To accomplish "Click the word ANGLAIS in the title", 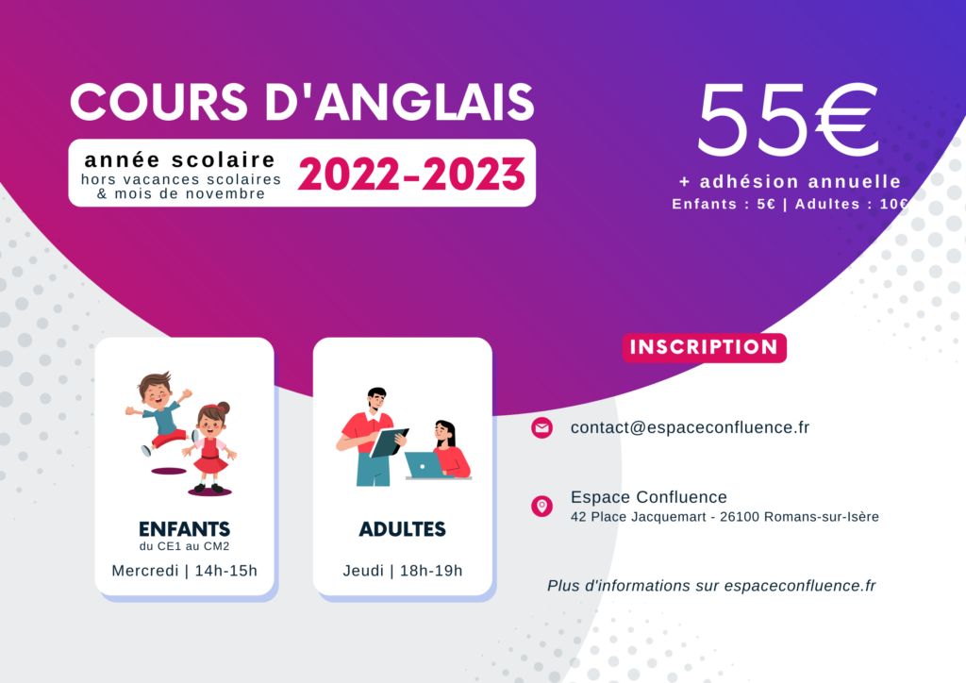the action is pos(425,102).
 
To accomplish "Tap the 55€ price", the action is pos(788,120).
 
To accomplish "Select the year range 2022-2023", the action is pos(411,175).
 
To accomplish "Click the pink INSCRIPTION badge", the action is pos(704,347).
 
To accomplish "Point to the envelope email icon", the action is pos(542,427).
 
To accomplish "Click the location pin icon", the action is pos(542,507).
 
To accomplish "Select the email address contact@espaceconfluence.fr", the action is pos(690,427).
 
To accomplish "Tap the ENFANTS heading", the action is pos(184,529).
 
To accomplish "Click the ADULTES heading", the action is pos(402,529).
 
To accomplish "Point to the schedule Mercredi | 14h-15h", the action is pos(184,571).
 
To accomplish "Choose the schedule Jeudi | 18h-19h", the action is pos(402,571).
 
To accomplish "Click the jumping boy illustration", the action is pos(159,412).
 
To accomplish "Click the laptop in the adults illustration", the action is pos(425,465).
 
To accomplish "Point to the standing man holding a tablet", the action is pos(372,437).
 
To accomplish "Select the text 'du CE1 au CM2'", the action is pos(184,546).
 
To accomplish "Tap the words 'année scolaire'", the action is pos(180,160).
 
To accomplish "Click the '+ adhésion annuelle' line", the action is pos(790,182).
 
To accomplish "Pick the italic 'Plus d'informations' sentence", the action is pos(711,586).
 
